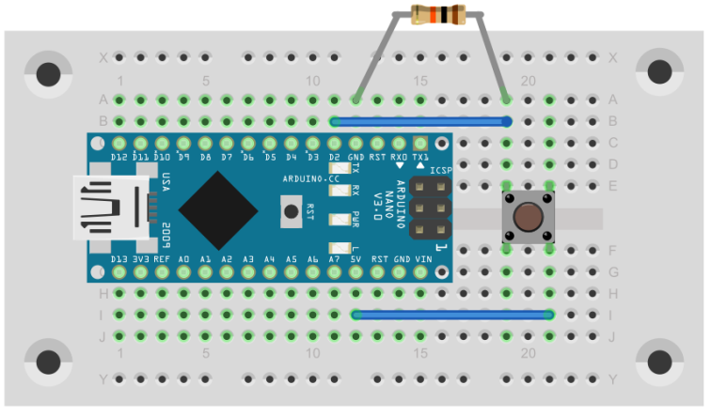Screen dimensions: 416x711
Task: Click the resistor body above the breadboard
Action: coord(438,15)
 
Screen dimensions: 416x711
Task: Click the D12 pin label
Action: coord(118,156)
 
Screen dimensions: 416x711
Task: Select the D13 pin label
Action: coord(118,259)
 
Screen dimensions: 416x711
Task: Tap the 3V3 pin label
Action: coord(140,259)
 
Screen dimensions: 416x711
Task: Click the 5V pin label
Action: coord(355,259)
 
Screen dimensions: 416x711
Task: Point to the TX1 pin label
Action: coord(420,156)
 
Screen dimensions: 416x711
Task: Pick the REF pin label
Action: coord(162,259)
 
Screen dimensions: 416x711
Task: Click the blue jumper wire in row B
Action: coord(420,121)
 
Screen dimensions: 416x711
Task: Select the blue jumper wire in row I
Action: coord(452,315)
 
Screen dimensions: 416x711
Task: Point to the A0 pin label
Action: coord(183,259)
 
